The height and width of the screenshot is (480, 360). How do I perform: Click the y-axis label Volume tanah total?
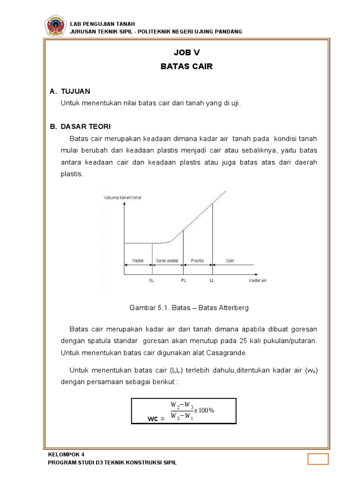coord(122,197)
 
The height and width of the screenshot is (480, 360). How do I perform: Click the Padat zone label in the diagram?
coord(138,260)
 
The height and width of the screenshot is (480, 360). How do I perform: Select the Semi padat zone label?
coord(167,260)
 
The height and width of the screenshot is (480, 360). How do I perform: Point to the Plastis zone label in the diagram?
coord(197,260)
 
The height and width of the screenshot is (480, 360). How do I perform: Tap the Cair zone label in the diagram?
coord(230,260)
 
